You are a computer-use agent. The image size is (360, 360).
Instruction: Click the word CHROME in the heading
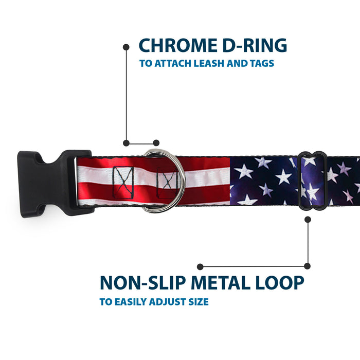[178, 45]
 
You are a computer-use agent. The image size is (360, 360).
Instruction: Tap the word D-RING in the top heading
[255, 45]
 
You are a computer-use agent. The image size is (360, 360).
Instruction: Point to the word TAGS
[262, 63]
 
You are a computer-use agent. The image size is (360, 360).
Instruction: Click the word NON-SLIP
[143, 283]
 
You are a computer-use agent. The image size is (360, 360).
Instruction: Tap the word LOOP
[280, 283]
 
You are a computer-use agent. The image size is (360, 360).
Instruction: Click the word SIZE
[199, 302]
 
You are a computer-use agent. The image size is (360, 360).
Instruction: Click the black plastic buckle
[55, 184]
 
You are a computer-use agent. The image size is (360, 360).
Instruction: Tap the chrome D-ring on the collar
[165, 181]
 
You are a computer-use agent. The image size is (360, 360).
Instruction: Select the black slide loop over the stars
[313, 181]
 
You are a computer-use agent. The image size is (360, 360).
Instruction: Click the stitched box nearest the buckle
[123, 183]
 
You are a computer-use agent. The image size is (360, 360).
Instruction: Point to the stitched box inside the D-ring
[168, 183]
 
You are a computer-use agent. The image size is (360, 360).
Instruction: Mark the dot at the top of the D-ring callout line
[126, 47]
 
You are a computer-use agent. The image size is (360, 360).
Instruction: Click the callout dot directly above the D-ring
[156, 143]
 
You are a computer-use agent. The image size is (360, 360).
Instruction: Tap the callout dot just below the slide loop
[308, 220]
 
